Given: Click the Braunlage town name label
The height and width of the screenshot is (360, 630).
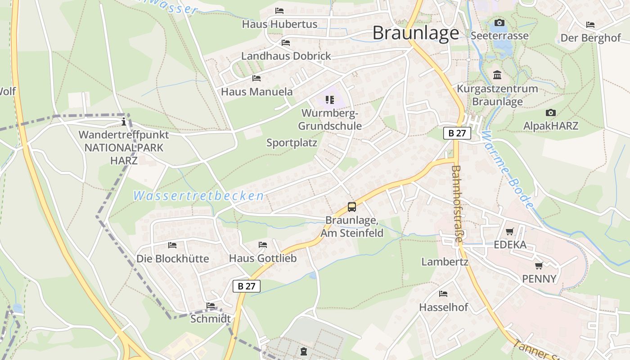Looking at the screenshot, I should (x=416, y=33).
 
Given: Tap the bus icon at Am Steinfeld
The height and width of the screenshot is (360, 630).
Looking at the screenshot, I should (x=352, y=207).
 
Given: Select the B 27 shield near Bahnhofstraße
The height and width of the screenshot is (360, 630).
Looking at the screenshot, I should (x=457, y=133).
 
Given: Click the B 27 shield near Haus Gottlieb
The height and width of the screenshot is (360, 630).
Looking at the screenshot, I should (x=247, y=286).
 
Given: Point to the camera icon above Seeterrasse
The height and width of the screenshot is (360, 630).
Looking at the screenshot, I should (x=499, y=23).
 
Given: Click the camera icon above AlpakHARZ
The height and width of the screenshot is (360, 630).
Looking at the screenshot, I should (x=550, y=113).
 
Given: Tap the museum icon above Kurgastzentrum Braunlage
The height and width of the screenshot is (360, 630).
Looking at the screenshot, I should (x=497, y=75).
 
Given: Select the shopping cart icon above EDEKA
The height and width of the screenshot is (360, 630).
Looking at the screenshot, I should (x=510, y=232).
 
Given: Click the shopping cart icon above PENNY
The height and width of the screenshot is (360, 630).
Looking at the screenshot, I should (x=539, y=266).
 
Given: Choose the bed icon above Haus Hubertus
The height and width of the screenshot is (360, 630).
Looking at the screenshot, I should (x=279, y=11).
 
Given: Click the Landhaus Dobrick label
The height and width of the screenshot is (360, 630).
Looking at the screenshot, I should (x=286, y=56).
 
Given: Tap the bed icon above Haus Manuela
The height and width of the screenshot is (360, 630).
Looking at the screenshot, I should (x=256, y=78).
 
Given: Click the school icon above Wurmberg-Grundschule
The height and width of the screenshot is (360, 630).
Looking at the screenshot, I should (x=330, y=99).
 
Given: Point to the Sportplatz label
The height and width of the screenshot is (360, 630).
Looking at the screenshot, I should (x=292, y=143).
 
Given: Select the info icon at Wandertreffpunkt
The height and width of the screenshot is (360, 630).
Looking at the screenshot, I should (x=124, y=122).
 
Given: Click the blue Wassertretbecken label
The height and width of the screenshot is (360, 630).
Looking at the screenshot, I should (x=198, y=196).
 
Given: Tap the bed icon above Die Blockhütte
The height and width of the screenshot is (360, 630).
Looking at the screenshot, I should (x=172, y=245).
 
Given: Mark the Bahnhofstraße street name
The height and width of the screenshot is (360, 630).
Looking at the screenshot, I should (x=456, y=204).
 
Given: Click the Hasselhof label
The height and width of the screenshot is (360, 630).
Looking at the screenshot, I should (x=444, y=307).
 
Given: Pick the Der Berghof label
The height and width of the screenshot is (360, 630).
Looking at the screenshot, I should (x=590, y=38).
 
